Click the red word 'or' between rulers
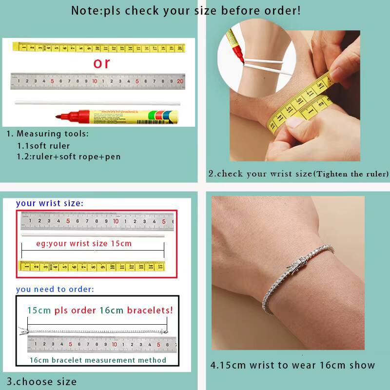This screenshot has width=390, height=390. pos(102,63)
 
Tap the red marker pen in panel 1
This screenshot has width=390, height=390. pos(117,116)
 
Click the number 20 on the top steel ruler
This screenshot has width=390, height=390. pos(180,81)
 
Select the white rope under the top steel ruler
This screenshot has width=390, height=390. pos(97,102)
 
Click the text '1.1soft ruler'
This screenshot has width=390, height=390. pos(44,146)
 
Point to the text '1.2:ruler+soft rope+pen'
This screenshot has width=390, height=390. pos(69,157)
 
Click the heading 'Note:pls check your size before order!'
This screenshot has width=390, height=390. pos(186,10)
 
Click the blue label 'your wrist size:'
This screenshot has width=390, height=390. pos(49,203)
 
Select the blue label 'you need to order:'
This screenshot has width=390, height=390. pos(55,289)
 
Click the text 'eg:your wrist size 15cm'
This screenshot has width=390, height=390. pos(84,243)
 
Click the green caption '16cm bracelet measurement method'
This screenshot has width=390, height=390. pos(97,360)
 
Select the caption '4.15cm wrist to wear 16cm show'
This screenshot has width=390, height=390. pos(292,365)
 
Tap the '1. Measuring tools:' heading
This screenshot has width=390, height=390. pos(47,134)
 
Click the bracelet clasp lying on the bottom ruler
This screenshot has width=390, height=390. pos(23,331)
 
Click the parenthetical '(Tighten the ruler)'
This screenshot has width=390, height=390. pos(351,174)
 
